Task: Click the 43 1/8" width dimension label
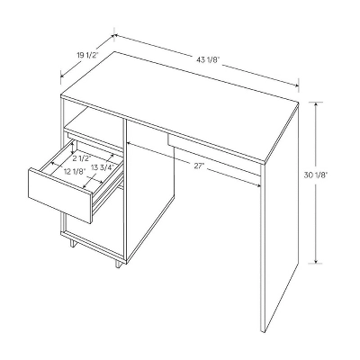coord(207,59)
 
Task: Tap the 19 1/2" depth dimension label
coord(87,56)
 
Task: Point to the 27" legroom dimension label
coord(200,166)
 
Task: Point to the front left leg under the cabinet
coord(65,239)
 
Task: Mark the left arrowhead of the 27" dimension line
coord(130,144)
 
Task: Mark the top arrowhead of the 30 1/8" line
coord(316,103)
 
